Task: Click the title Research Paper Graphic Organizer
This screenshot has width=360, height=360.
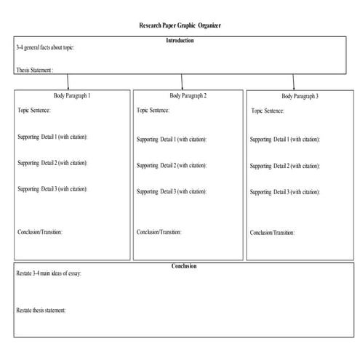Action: point(180,25)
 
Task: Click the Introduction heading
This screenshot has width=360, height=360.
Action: point(180,41)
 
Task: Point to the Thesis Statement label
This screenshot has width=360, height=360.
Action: point(34,70)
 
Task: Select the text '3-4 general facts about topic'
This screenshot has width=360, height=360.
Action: point(44,48)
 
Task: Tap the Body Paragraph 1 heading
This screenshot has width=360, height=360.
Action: point(72,95)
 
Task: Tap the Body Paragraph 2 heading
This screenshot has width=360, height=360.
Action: point(188,95)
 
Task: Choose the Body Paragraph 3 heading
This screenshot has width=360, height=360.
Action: point(300,96)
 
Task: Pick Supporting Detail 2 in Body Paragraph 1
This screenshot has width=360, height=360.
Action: point(52,163)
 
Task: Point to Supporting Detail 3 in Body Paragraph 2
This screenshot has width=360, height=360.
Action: point(171,191)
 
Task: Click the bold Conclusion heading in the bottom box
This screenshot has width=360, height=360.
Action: point(183,266)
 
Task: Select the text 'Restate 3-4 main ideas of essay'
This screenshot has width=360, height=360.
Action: point(49,273)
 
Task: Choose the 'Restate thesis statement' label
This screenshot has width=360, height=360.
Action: point(41,311)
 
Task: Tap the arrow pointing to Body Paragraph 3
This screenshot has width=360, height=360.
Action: point(293,81)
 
